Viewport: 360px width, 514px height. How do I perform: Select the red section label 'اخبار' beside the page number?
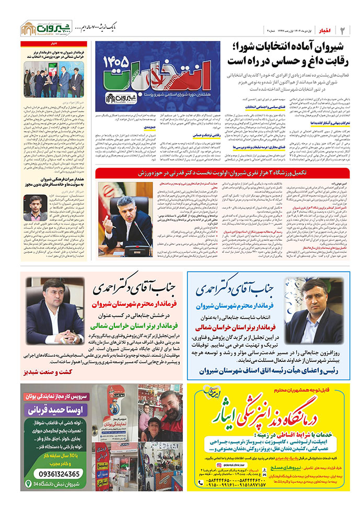tap(326, 27)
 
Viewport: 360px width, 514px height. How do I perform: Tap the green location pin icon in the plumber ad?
tap(29, 485)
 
